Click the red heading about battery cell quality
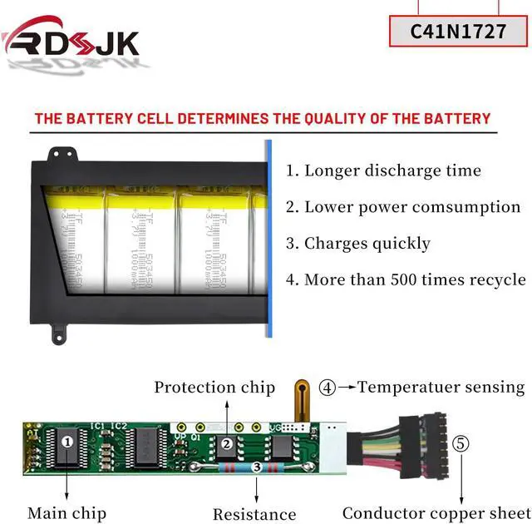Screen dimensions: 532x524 coord(263,119)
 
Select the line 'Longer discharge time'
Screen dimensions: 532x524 coord(383,171)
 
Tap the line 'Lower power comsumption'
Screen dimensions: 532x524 coord(403,207)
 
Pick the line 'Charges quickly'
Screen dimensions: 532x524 coord(358,244)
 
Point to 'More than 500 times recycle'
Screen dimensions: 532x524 coord(406,279)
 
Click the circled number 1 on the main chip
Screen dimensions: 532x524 coord(66,442)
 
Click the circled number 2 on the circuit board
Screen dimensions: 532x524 coord(226,443)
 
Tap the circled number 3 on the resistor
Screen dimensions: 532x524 coord(257,469)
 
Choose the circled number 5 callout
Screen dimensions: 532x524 coord(460,443)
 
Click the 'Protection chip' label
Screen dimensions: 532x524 coord(214,388)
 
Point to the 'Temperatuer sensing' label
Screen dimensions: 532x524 coord(441,387)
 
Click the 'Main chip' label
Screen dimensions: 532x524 coord(65,513)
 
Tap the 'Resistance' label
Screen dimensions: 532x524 coord(254,514)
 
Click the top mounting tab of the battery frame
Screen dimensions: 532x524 coord(59,156)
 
